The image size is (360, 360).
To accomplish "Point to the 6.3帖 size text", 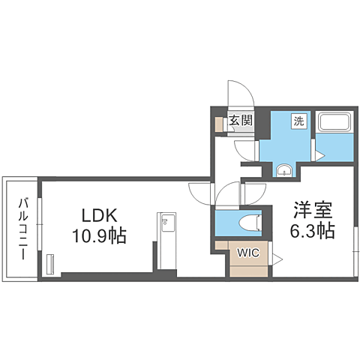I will [312, 231].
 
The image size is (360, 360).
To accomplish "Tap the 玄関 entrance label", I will [239, 120].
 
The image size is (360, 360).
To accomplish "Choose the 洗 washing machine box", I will [298, 121].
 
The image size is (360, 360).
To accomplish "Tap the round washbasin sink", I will [285, 169].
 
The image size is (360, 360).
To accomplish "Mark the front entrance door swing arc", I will [241, 94].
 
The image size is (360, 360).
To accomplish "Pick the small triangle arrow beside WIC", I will [276, 259].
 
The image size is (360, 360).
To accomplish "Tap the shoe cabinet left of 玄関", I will [219, 124].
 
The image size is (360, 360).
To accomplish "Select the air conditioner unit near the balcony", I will [51, 265].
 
